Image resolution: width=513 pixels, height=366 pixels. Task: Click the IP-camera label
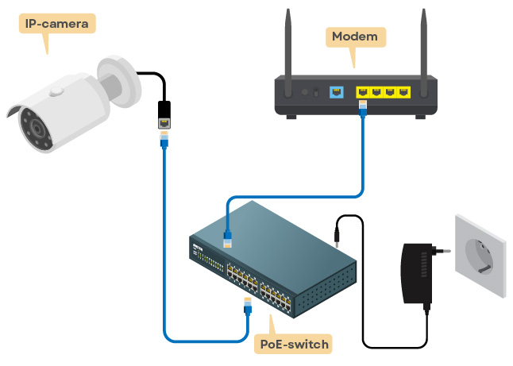tap(56, 23)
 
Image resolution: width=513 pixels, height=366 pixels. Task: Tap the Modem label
tap(356, 37)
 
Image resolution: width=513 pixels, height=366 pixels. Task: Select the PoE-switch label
tap(295, 344)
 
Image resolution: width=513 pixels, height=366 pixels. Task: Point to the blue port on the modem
tap(335, 92)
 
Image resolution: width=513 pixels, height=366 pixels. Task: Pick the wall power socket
tap(482, 253)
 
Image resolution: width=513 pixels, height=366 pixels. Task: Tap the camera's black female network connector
tap(164, 114)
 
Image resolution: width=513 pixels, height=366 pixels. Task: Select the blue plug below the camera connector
tap(164, 141)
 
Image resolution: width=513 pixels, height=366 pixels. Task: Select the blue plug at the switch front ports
tap(246, 306)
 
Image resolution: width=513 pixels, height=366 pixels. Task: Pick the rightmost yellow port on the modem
tap(405, 92)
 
